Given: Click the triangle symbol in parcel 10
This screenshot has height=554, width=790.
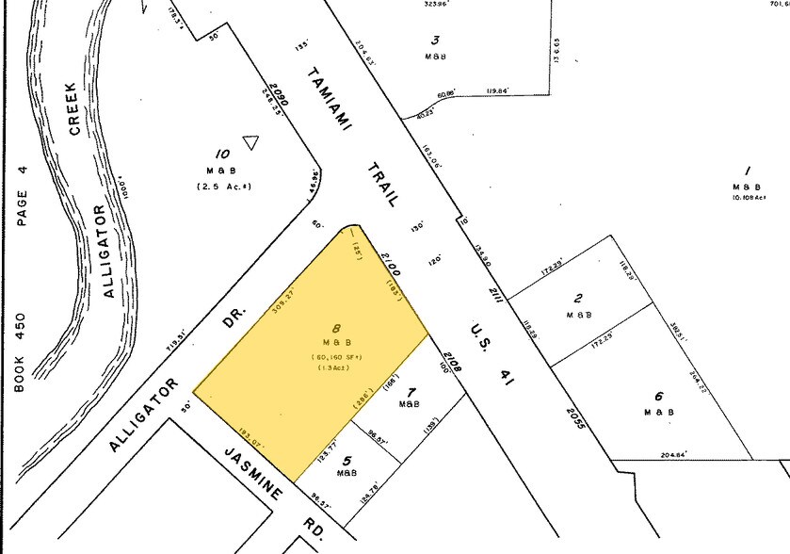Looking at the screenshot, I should [250, 143].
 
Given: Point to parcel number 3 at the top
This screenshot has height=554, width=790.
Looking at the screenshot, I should [435, 40].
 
